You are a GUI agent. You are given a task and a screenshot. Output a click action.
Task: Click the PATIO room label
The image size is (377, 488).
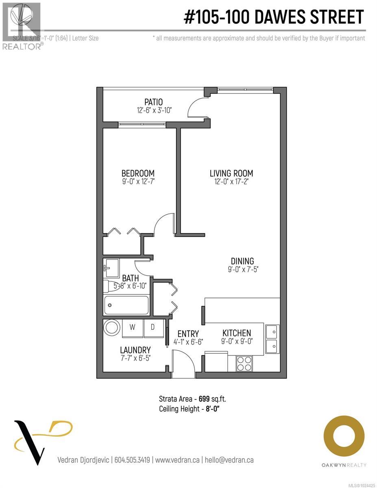154,102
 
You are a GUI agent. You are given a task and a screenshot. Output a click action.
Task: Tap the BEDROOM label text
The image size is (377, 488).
139,173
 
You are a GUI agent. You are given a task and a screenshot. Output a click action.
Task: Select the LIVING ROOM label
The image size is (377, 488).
231,173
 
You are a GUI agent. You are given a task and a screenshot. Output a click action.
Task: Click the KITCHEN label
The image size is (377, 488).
236,333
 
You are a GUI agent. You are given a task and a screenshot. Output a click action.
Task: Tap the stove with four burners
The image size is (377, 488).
244,363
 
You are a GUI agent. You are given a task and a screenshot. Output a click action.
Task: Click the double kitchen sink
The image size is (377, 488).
272,339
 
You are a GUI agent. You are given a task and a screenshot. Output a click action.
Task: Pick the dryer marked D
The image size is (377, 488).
153,327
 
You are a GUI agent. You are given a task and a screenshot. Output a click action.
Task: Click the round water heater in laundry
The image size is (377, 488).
112,327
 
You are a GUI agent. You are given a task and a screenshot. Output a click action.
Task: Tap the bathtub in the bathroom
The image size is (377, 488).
126,305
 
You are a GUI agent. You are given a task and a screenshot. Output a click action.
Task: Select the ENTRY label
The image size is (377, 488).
188,334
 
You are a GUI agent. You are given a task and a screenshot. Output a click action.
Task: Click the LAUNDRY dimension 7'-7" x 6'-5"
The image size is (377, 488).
135,358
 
